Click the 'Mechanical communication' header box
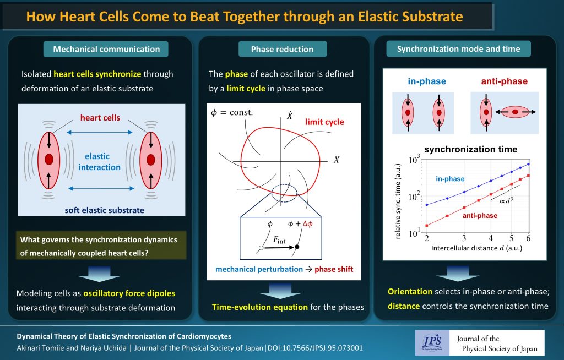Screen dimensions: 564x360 click(106, 50)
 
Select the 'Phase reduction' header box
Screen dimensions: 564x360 click(283, 50)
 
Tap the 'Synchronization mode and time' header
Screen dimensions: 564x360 click(458, 49)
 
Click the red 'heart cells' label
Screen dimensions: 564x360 click(100, 118)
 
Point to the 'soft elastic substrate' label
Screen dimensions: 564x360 click(104, 210)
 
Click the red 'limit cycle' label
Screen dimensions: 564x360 click(324, 122)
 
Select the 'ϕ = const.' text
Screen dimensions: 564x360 click(232, 112)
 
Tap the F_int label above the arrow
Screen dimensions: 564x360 click(279, 240)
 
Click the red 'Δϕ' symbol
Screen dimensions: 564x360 click(307, 223)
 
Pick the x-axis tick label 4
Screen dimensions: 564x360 click(491, 238)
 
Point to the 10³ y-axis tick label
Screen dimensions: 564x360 click(414, 159)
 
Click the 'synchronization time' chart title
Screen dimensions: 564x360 click(470, 149)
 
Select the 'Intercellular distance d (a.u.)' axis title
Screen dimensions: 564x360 click(476, 248)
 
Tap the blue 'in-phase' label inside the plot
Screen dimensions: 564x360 click(450, 179)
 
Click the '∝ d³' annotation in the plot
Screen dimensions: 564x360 click(506, 200)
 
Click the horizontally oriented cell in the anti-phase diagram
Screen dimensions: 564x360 click(515, 112)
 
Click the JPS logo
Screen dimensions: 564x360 click(432, 343)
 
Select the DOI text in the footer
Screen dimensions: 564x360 click(316, 348)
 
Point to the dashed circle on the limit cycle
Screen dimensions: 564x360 click(284, 193)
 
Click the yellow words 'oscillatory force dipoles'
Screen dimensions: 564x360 click(129, 293)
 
